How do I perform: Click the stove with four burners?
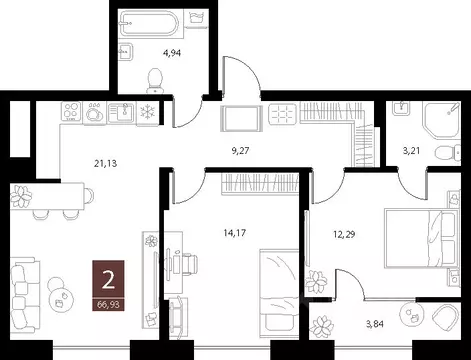73,111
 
